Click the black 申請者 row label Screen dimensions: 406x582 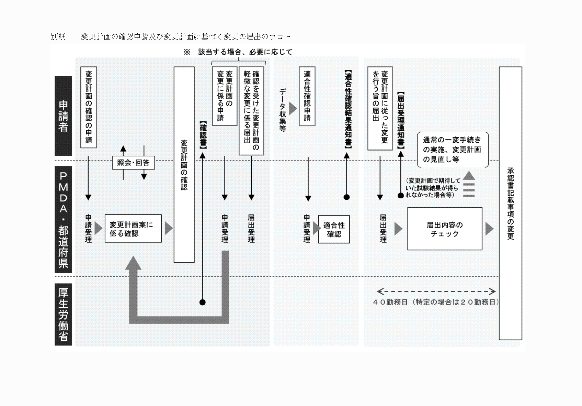pos(63,116)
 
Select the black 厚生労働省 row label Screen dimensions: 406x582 pos(63,314)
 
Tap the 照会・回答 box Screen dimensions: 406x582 pos(133,163)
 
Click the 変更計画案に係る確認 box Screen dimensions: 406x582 pos(133,229)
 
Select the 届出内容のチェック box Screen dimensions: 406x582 pos(445,229)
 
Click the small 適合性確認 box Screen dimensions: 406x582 pos(334,229)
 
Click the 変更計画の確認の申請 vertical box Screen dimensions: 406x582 pos(89,107)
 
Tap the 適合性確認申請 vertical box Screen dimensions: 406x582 pos(307,96)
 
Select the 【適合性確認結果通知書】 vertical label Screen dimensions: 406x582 pos(347,109)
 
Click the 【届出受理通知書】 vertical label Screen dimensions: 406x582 pos(400,120)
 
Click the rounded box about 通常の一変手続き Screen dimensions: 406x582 pos(453,150)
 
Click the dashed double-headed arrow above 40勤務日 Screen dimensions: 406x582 pos(436,292)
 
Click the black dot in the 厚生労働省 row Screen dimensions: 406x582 pos(203,303)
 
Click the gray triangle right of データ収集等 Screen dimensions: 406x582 pos(293,109)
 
